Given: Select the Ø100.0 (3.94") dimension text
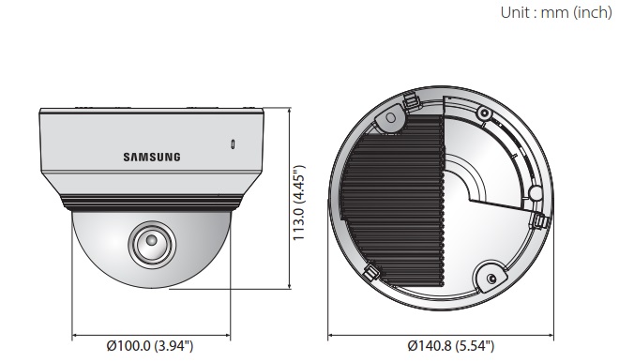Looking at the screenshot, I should [150, 347].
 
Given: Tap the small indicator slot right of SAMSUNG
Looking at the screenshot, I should [234, 146].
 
